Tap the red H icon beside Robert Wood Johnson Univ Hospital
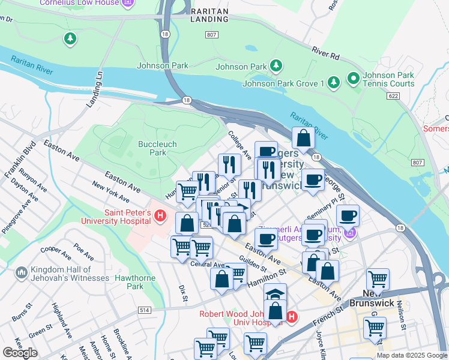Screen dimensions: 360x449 [292, 317]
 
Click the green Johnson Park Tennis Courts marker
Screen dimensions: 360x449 [353, 79]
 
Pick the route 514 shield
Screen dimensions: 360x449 [144, 310]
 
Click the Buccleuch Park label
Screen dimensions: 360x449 [152, 148]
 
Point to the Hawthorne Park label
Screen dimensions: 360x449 [136, 282]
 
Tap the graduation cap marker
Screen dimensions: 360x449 [275, 294]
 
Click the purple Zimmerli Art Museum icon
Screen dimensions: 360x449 [351, 232]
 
